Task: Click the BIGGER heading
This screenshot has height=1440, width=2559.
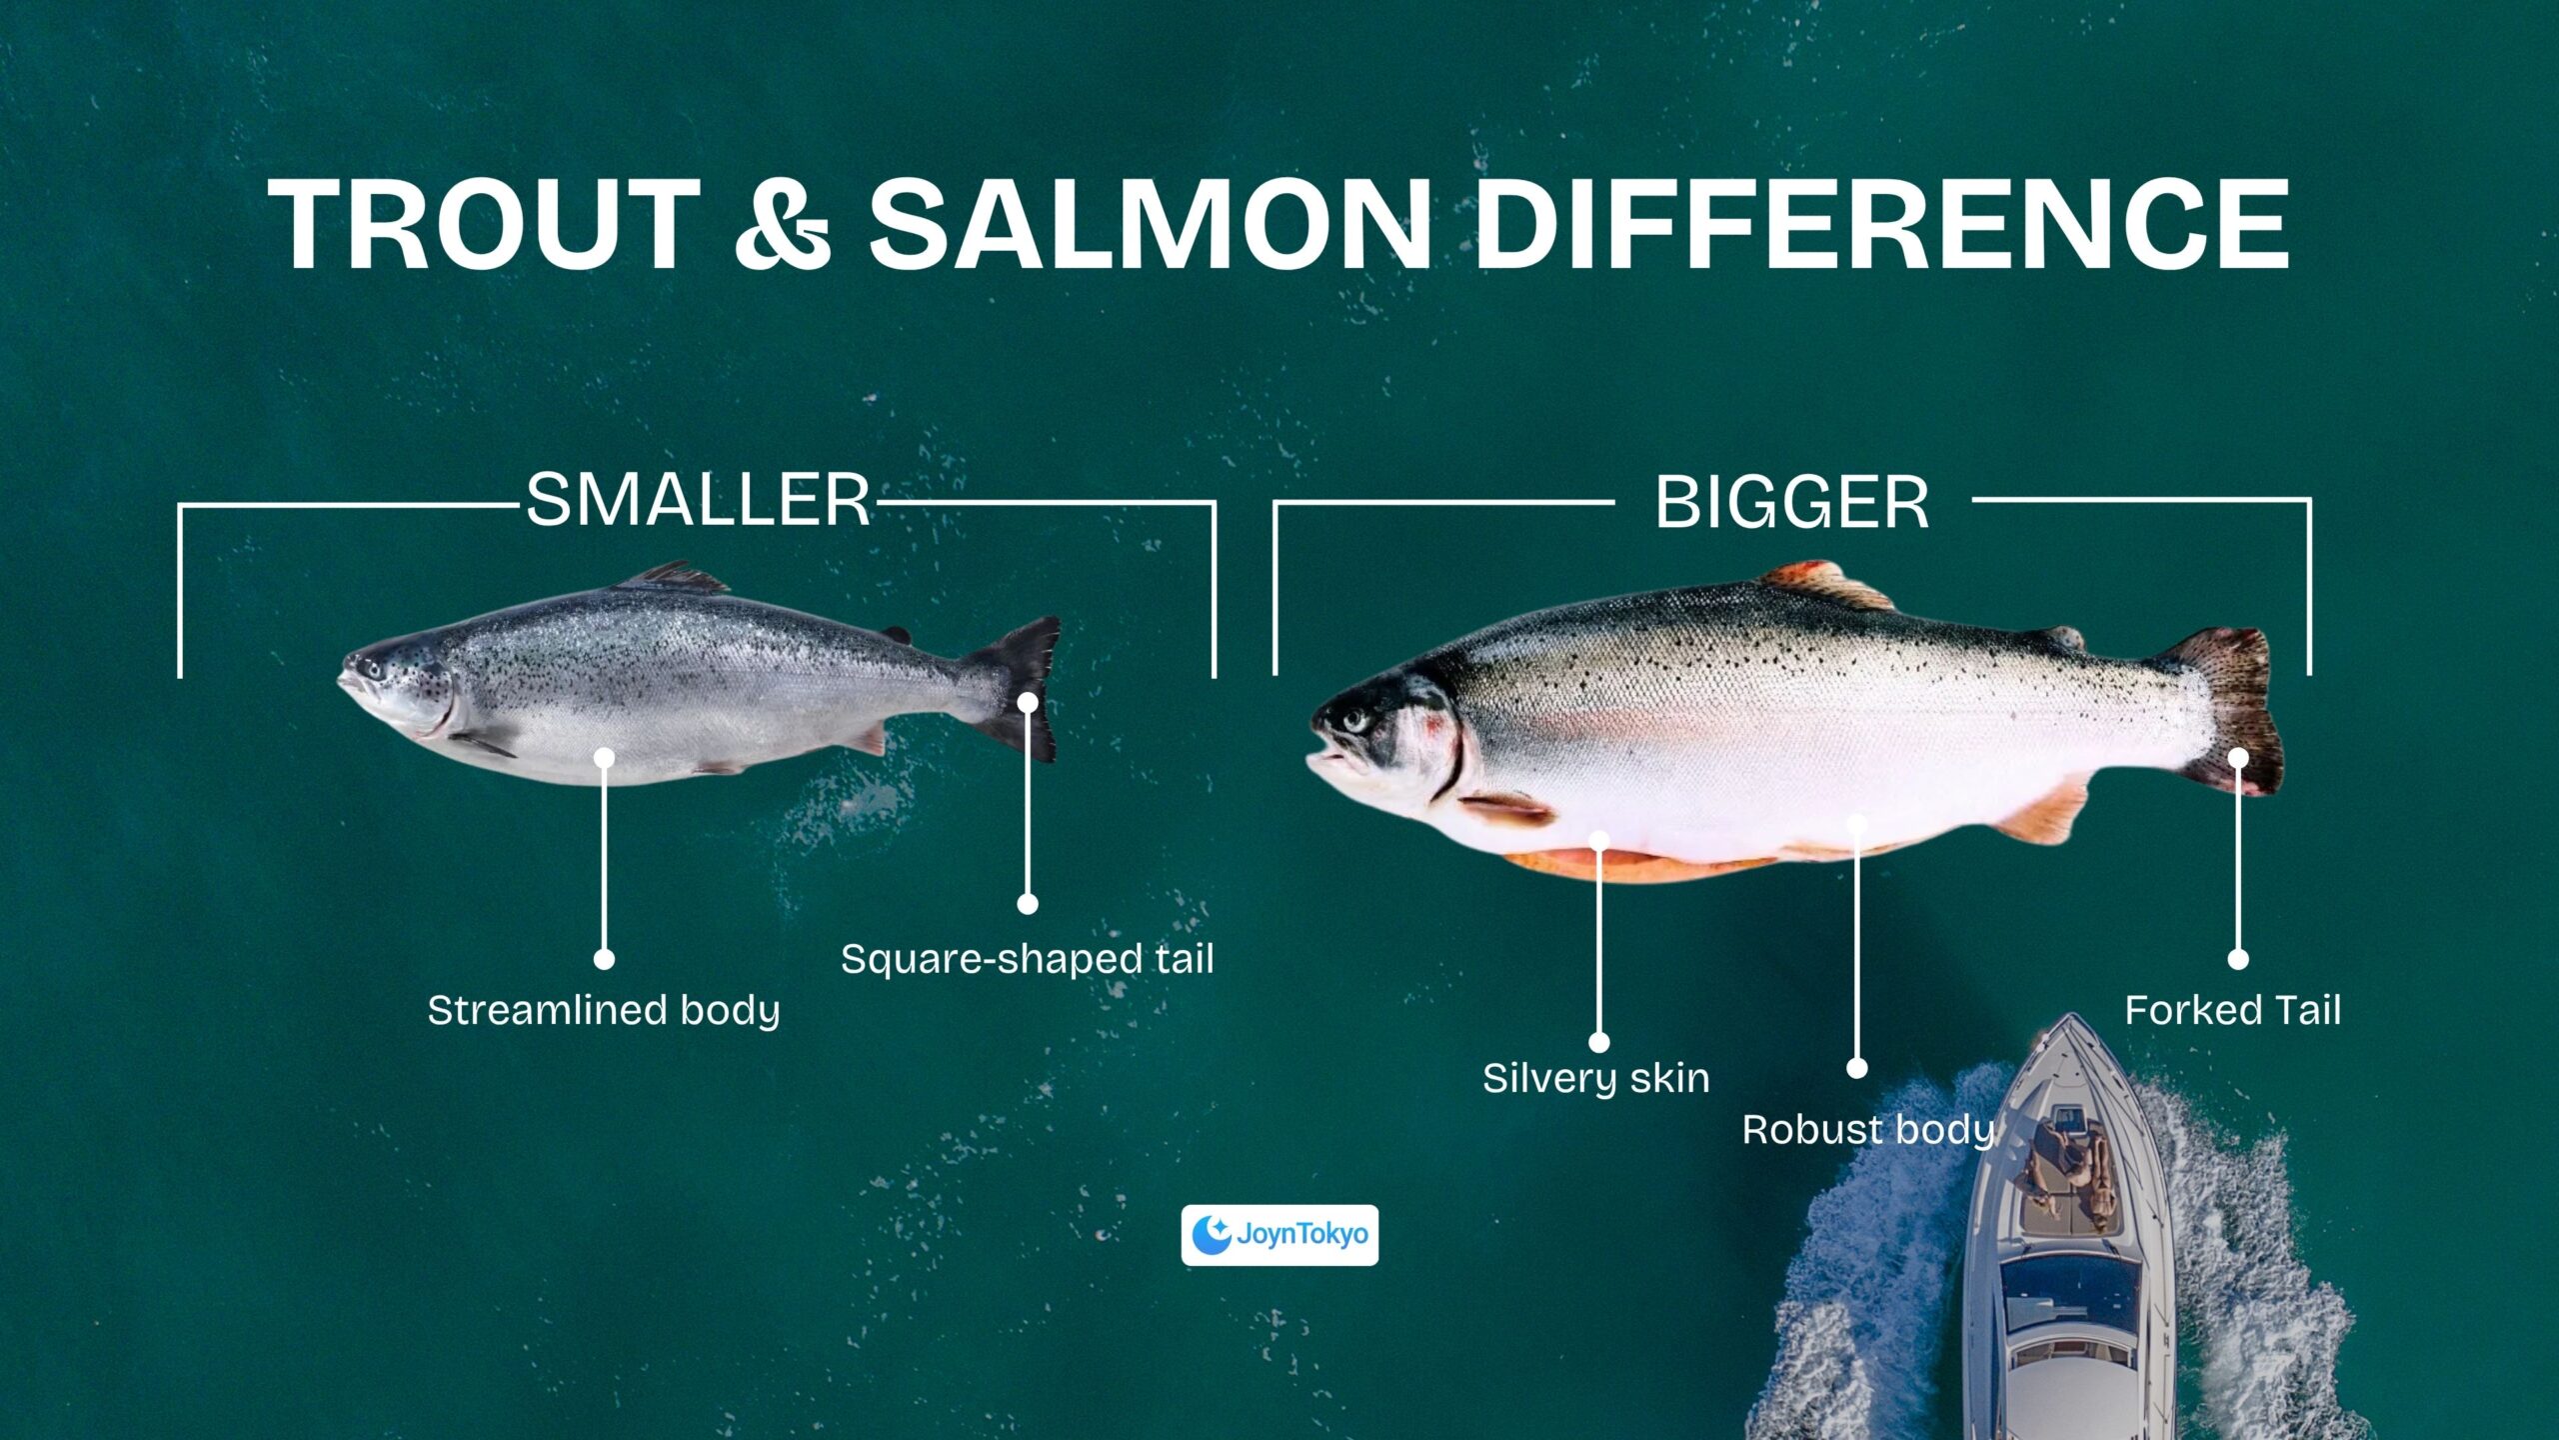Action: click(1792, 502)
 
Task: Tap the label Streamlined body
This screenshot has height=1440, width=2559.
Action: click(604, 1011)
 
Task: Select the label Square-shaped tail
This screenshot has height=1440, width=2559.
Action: click(1028, 960)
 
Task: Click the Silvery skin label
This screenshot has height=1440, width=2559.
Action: click(1596, 1078)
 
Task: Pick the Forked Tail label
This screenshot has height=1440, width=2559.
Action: click(2233, 1010)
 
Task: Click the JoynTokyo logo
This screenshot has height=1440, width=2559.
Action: click(1279, 1235)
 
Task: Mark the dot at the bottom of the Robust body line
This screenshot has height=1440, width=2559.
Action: click(1857, 1068)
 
